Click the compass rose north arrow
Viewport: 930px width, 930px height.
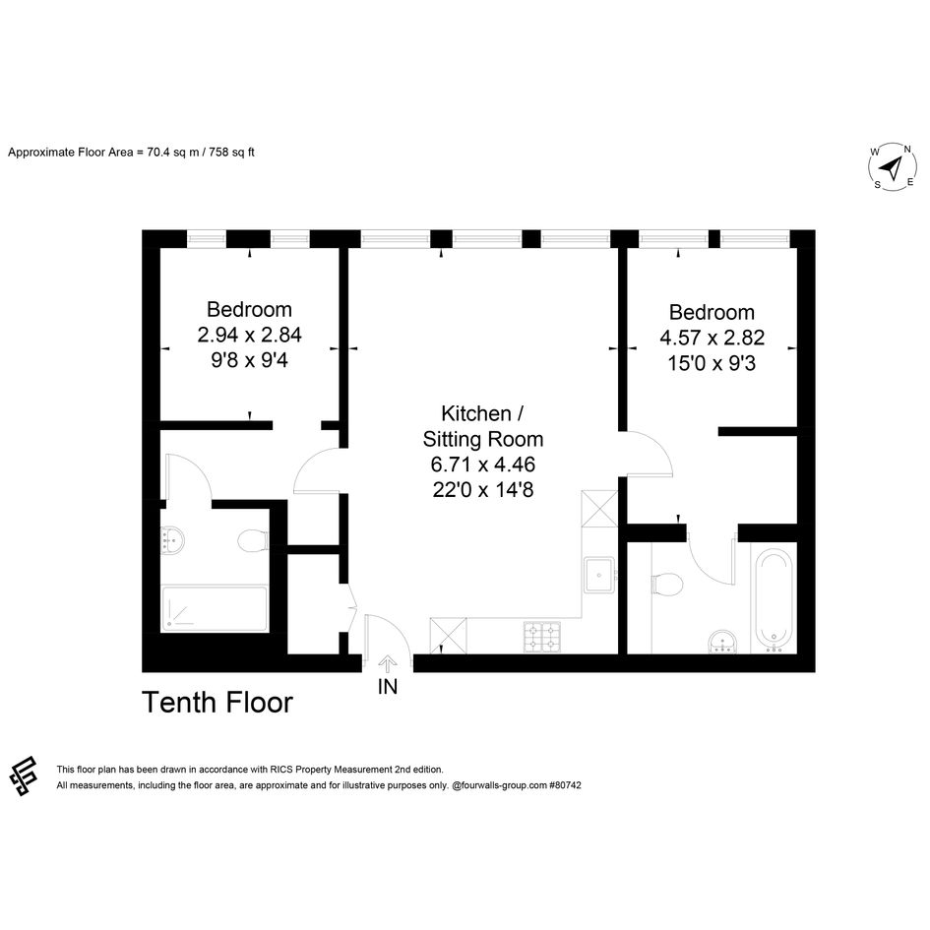click(892, 168)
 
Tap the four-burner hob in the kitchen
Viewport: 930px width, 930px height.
click(542, 637)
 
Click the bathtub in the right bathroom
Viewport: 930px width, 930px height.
click(774, 599)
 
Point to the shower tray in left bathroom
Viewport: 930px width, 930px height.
click(215, 608)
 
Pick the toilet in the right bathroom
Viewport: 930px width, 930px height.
click(666, 584)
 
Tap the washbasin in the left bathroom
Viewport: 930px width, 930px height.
click(172, 539)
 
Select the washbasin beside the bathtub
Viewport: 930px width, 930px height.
click(723, 641)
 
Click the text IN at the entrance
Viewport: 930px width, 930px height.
click(388, 687)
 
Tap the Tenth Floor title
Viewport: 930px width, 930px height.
click(217, 703)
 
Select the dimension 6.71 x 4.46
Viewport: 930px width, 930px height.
click(483, 465)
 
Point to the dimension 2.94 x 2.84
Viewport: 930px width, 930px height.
click(249, 336)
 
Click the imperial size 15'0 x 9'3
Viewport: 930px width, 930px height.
click(712, 363)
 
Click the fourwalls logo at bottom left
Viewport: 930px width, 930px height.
click(24, 775)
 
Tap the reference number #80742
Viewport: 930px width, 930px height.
click(565, 785)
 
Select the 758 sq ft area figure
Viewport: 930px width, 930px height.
click(232, 153)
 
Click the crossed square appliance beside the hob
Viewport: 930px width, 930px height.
click(448, 636)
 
